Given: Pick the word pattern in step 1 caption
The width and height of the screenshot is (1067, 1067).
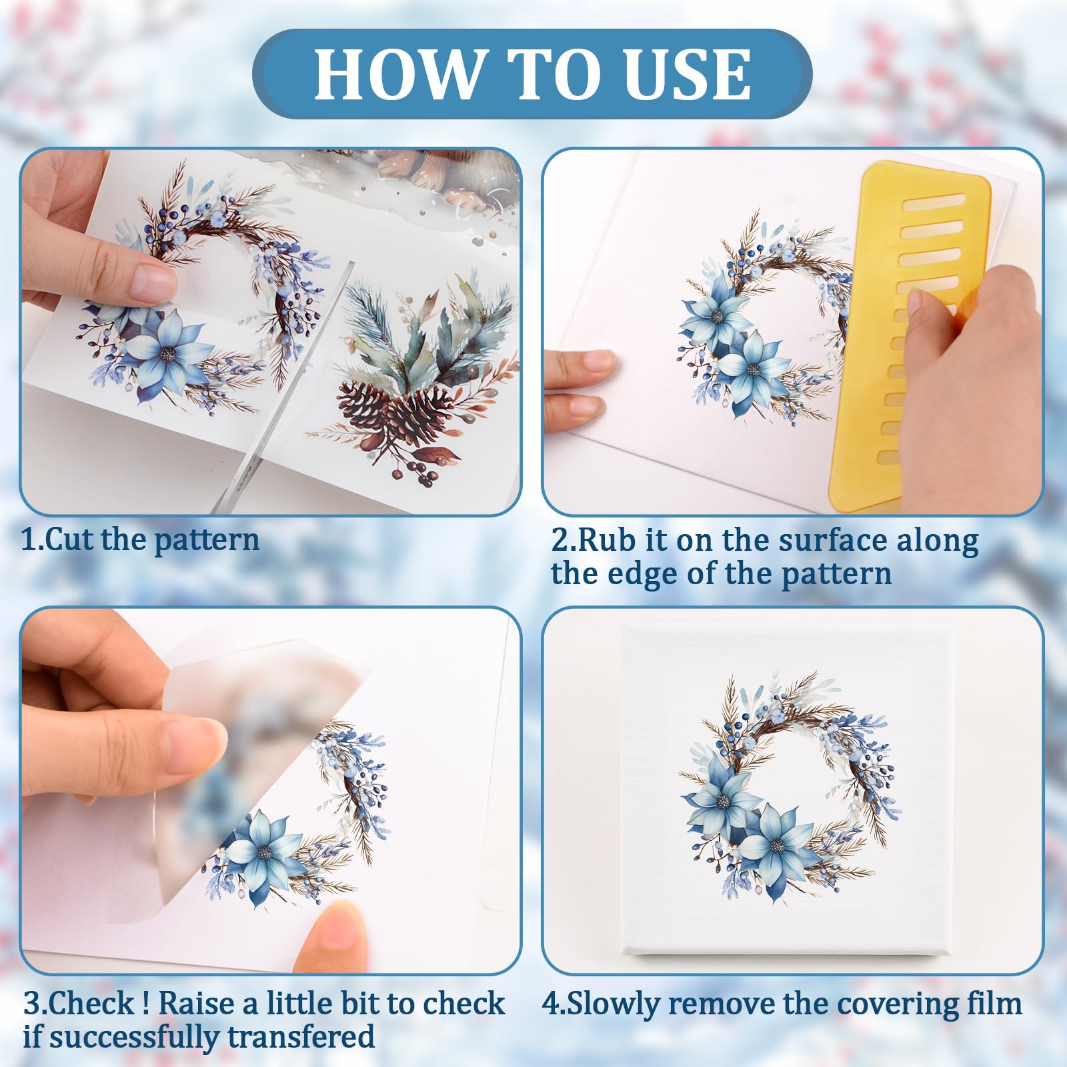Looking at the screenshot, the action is coord(207,540).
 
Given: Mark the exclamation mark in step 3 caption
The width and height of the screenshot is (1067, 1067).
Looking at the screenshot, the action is coord(145,1003).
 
